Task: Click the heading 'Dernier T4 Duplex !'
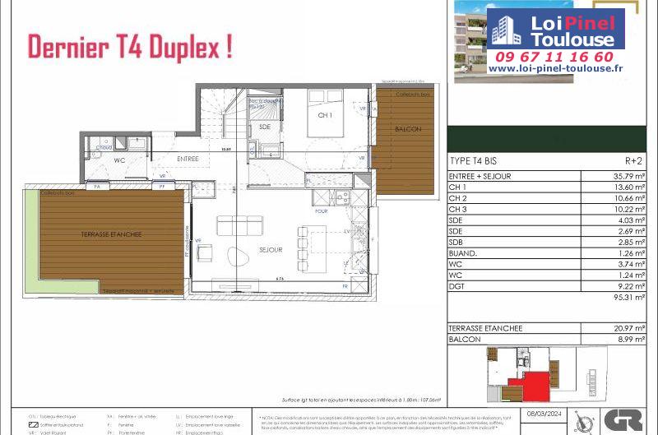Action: click(x=129, y=47)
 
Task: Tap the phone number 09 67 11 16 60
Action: click(x=554, y=57)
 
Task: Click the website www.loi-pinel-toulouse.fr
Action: click(x=554, y=70)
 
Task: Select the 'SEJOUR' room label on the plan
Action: click(x=271, y=249)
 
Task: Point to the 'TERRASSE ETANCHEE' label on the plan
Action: click(x=111, y=234)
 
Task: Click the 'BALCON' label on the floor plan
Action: click(x=408, y=129)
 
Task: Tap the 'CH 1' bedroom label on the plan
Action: click(x=325, y=116)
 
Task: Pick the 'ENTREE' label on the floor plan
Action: click(x=188, y=158)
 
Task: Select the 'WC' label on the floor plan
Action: click(x=119, y=160)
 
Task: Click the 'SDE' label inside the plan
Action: click(x=264, y=127)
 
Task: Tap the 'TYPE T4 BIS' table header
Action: click(x=474, y=160)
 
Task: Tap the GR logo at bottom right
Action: click(x=623, y=419)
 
